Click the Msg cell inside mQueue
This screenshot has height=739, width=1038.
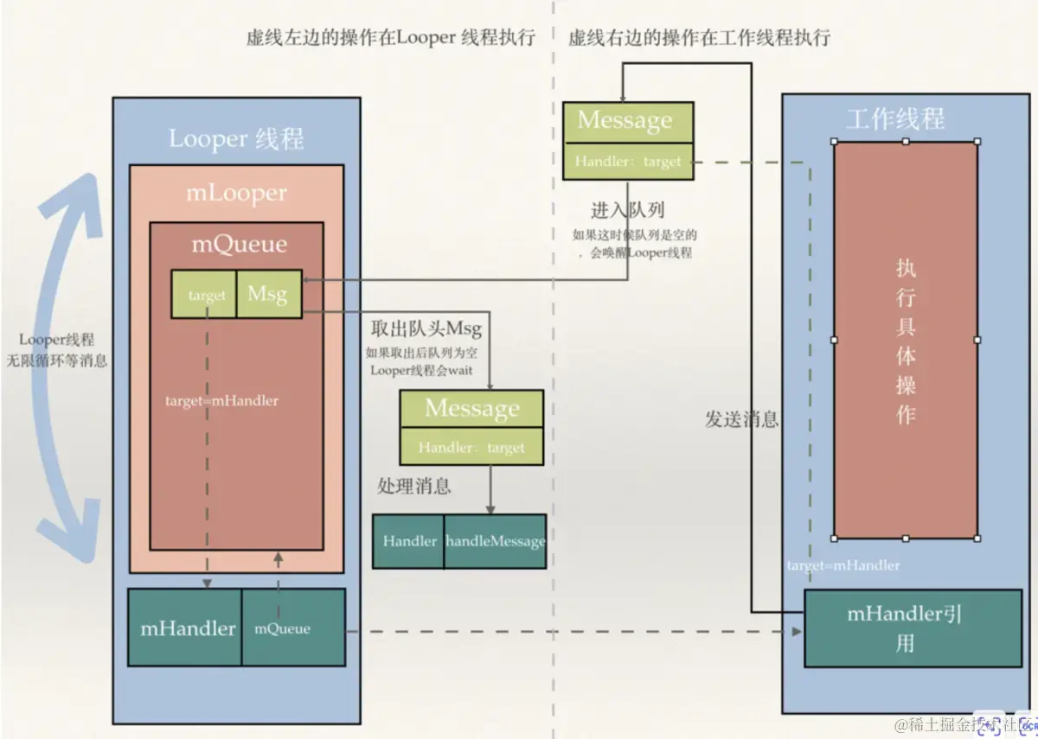pyautogui.click(x=268, y=295)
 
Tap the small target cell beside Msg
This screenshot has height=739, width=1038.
pyautogui.click(x=205, y=296)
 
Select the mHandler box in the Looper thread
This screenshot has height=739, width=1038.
pyautogui.click(x=186, y=628)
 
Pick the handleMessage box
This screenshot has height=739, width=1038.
pyautogui.click(x=495, y=542)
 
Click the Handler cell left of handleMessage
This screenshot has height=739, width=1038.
pyautogui.click(x=409, y=542)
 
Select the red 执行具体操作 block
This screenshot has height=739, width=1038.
pyautogui.click(x=905, y=340)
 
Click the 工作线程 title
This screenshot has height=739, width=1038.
pyautogui.click(x=895, y=118)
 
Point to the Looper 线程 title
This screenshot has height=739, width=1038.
pyautogui.click(x=235, y=138)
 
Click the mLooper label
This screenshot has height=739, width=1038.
pyautogui.click(x=236, y=192)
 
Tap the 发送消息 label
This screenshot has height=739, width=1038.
pyautogui.click(x=741, y=420)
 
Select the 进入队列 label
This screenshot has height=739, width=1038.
pyautogui.click(x=627, y=210)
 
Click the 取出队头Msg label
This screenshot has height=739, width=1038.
pyautogui.click(x=426, y=329)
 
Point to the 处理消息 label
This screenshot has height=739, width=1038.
pyautogui.click(x=414, y=486)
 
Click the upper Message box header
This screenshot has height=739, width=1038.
pyautogui.click(x=627, y=122)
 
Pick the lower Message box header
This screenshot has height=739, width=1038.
pyautogui.click(x=471, y=409)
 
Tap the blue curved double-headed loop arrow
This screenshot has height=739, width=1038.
pyautogui.click(x=69, y=363)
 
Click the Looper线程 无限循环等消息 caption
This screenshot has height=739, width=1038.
pyautogui.click(x=56, y=351)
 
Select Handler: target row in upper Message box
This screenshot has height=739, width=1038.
pyautogui.click(x=627, y=161)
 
